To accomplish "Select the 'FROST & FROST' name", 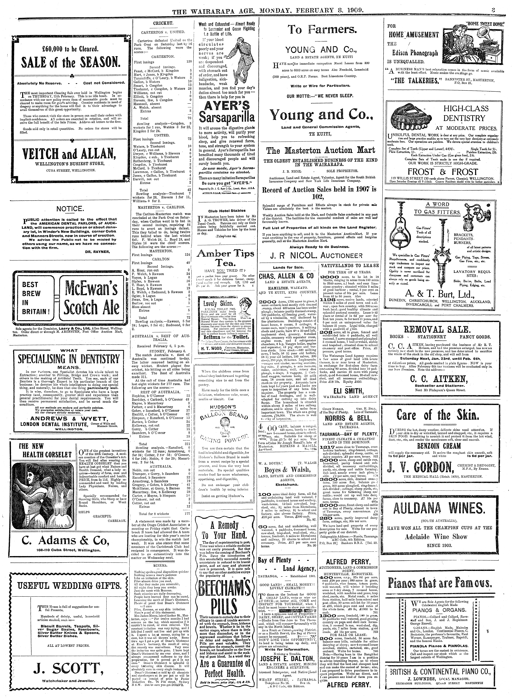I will [x=443, y=172].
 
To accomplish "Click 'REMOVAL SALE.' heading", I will [x=439, y=330].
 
